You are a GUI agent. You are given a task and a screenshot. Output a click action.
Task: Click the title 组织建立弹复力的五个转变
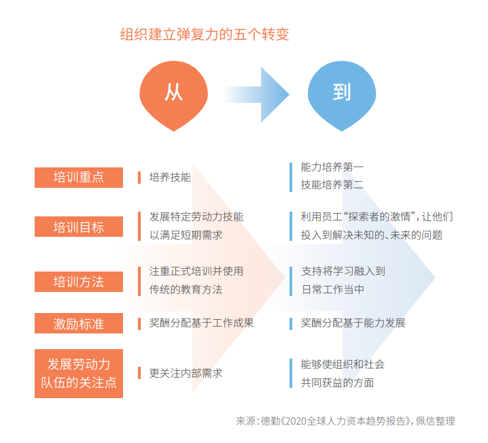(205, 35)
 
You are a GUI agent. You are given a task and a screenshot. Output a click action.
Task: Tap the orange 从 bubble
(174, 94)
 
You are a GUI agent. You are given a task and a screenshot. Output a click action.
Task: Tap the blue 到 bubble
(341, 94)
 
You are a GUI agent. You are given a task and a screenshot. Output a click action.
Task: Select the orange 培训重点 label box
(79, 178)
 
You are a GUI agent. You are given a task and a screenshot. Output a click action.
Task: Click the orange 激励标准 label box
(79, 323)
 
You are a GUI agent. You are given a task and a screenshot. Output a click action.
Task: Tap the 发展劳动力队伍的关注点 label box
(79, 373)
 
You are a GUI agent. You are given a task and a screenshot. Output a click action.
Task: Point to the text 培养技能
(170, 178)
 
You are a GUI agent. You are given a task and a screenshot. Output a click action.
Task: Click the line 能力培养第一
(332, 167)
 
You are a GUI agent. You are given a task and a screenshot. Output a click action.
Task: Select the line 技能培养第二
(332, 184)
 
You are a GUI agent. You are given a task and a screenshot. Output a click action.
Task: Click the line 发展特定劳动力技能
(196, 217)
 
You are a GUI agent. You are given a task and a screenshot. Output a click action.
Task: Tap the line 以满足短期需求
(186, 235)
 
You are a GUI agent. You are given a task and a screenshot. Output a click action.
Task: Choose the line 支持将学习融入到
(343, 271)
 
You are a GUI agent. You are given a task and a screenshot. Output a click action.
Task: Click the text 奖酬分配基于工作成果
(202, 323)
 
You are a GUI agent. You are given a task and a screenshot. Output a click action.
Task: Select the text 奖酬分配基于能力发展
(353, 323)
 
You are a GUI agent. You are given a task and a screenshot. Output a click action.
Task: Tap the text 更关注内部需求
(186, 373)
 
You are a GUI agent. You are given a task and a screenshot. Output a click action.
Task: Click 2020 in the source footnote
(296, 421)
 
